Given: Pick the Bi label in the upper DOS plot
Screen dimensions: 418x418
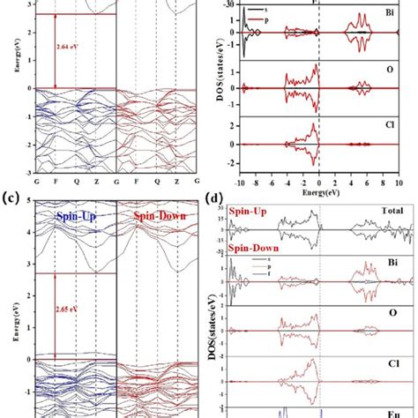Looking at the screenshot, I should pos(388,16).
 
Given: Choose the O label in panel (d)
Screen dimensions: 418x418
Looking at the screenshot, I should pos(389,314).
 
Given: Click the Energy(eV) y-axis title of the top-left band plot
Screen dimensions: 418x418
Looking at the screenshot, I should pos(8,88).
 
